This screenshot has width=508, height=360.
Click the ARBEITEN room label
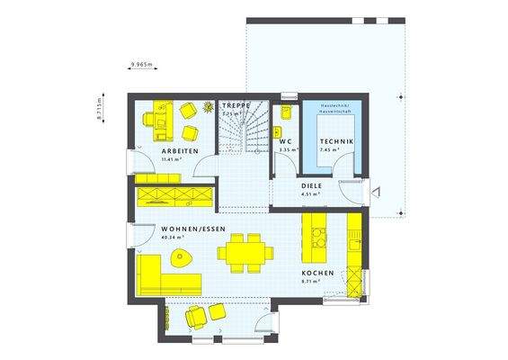pyautogui.click(x=174, y=149)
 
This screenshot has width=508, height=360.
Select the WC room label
pyautogui.click(x=285, y=141)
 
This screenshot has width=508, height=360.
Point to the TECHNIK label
pyautogui.click(x=337, y=142)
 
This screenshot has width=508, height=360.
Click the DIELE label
pyautogui.click(x=312, y=184)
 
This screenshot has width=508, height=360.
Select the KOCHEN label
pyautogui.click(x=318, y=273)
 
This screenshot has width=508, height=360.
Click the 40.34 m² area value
pyautogui.click(x=174, y=238)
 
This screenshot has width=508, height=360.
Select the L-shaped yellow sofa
pyautogui.click(x=157, y=274)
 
